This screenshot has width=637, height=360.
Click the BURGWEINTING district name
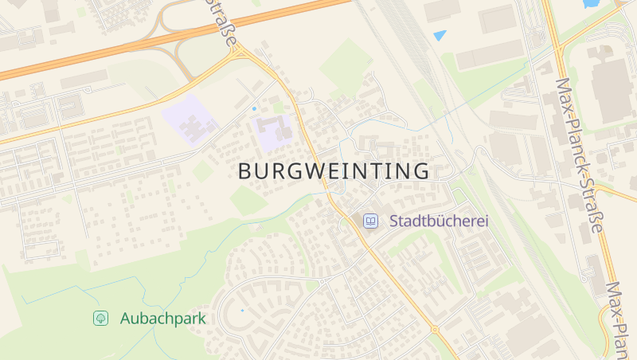[334, 170]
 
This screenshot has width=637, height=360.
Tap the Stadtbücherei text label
[438, 221]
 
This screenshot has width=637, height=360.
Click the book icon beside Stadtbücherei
[370, 221]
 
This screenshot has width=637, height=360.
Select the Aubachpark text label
[162, 319]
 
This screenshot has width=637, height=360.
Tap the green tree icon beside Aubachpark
[101, 319]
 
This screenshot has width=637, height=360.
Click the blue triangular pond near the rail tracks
[440, 35]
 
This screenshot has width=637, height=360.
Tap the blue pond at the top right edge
[592, 4]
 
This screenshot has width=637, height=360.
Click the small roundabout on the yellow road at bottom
[435, 329]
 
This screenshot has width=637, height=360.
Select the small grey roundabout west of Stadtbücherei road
[322, 280]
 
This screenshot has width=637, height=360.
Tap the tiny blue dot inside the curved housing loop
[242, 310]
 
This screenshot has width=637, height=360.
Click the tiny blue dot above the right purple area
[254, 108]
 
